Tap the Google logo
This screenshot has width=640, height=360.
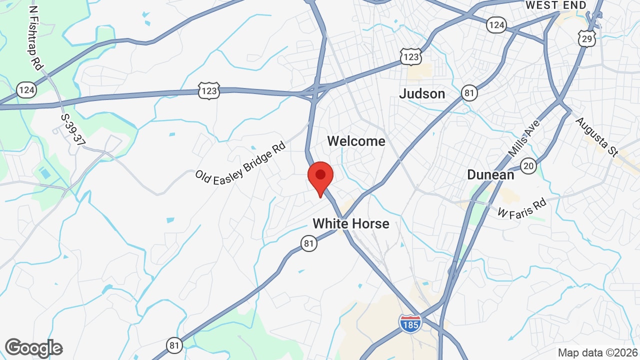pos(34,348)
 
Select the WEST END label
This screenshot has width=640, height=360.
pos(555,5)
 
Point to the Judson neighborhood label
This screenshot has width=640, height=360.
pos(422,93)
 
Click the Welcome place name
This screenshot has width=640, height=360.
pos(356,141)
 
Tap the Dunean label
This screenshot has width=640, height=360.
pos(490,174)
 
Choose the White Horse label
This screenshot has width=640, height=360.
pos(350,223)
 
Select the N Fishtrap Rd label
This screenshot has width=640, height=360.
pos(36,37)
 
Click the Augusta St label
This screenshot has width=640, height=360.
pos(596,137)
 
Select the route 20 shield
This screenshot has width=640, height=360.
pos(528,165)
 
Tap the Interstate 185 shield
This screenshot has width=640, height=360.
pos(410,322)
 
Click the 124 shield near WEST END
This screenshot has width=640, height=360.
pos(496,24)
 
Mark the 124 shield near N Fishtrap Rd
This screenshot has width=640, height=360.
pos(26,89)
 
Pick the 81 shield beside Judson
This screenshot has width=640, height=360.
pos(469,92)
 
